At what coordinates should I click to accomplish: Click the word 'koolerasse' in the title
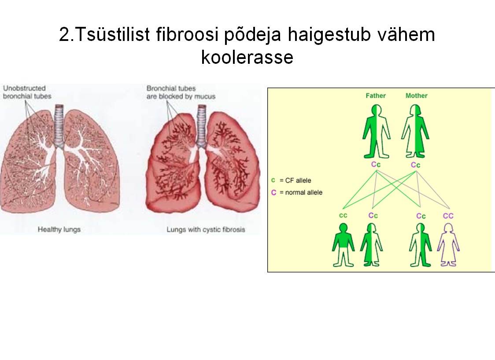coord(247,57)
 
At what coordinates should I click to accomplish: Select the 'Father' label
coord(376,96)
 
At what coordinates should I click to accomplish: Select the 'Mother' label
coord(417,96)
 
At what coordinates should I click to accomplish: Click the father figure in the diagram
coord(376,131)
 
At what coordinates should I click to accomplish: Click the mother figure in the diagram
coord(415,131)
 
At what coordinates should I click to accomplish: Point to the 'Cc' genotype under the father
coord(376,165)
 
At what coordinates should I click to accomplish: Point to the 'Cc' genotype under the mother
coord(415,165)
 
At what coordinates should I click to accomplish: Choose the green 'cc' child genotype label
coord(343,216)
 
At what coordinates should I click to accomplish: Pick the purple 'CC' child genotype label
coord(448,216)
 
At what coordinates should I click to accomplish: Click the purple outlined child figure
coord(448,245)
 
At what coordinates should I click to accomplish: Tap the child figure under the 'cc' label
coord(343,245)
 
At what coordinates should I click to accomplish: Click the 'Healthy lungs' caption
coord(59,229)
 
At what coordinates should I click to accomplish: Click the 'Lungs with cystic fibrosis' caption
coord(206,229)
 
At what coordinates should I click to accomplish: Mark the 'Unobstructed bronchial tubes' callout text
coord(27,92)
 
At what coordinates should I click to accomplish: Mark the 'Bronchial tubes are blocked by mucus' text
coord(181,92)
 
